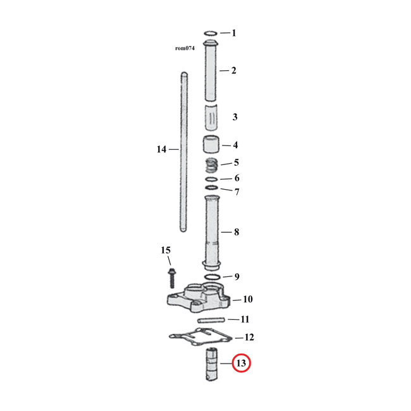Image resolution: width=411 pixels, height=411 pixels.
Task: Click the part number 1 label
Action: point(233,33)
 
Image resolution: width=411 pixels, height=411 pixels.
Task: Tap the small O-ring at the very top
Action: point(212,33)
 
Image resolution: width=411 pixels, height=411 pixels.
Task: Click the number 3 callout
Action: point(235,117)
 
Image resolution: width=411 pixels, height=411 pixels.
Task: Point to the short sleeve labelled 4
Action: point(212,145)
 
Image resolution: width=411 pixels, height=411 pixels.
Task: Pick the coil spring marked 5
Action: point(212,165)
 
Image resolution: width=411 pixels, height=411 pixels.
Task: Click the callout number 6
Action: point(236,178)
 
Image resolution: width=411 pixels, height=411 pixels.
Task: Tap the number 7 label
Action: point(236,192)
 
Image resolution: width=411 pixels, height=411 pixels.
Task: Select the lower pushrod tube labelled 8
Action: point(212,231)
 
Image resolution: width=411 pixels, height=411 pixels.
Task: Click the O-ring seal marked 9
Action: point(212,277)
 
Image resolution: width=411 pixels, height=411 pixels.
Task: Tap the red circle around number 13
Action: point(241,364)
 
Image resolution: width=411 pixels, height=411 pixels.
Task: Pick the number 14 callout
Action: point(161,149)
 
